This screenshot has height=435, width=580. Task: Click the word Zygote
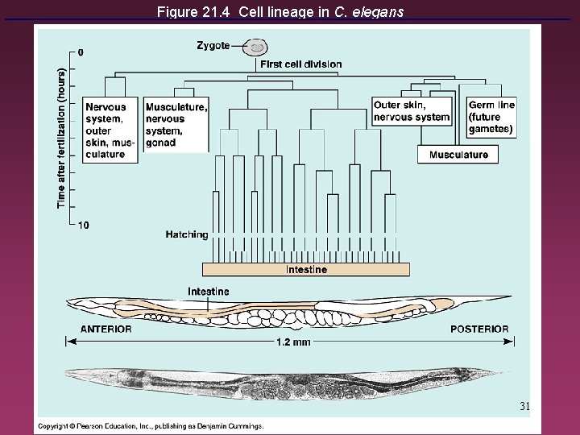pyautogui.click(x=213, y=46)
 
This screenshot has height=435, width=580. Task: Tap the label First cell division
pyautogui.click(x=300, y=64)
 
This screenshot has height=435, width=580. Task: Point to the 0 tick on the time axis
pyautogui.click(x=80, y=52)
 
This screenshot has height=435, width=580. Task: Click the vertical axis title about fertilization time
pyautogui.click(x=62, y=137)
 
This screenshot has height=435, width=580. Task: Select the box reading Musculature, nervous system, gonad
pyautogui.click(x=176, y=125)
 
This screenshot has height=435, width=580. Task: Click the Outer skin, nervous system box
pyautogui.click(x=411, y=110)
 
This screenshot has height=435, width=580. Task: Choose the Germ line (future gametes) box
pyautogui.click(x=491, y=117)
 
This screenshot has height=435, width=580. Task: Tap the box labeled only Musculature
pyautogui.click(x=458, y=155)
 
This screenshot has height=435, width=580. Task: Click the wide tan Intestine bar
pyautogui.click(x=306, y=270)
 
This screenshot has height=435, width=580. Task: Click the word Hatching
pyautogui.click(x=186, y=235)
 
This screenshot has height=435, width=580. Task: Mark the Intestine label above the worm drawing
pyautogui.click(x=208, y=291)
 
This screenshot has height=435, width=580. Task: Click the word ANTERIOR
pyautogui.click(x=106, y=329)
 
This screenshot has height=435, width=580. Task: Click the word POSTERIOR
pyautogui.click(x=479, y=329)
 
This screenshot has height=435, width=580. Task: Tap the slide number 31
pyautogui.click(x=524, y=405)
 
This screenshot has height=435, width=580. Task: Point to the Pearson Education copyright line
pyautogui.click(x=151, y=426)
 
